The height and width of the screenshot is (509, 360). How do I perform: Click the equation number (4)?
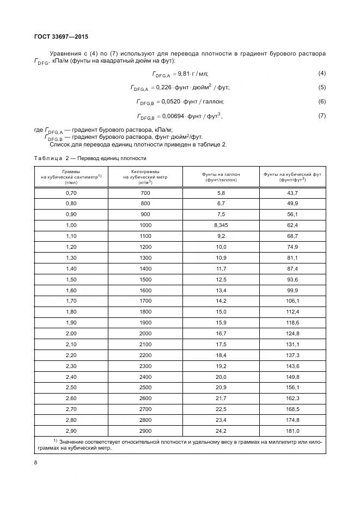tap(322, 73)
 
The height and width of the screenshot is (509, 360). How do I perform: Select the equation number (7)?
tap(322, 115)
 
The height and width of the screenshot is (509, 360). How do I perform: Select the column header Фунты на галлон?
tap(221, 176)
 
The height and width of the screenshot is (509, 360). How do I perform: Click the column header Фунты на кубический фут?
tap(292, 176)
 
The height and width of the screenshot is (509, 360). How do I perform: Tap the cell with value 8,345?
tap(221, 224)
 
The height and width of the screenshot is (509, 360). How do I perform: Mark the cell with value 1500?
tap(145, 279)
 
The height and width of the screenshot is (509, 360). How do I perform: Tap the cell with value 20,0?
tap(221, 376)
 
